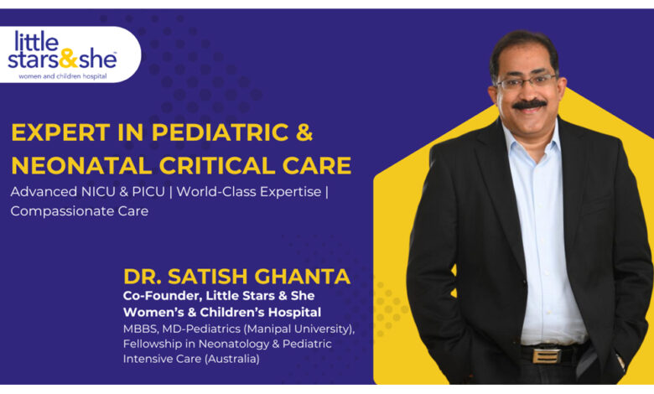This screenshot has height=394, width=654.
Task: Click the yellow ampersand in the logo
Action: coord(69,59)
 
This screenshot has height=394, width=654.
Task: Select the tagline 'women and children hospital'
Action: coord(63,77)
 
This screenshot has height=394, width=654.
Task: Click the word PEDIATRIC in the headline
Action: coord(221,132)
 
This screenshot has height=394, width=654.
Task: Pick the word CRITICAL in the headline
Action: coord(217,165)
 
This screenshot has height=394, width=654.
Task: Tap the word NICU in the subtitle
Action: coord(97,192)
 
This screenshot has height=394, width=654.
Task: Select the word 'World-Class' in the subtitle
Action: coord(217,192)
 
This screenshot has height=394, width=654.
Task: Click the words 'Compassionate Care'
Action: coord(80,211)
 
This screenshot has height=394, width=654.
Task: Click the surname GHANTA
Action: coord(303,277)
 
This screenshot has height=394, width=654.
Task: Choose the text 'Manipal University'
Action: coord(298,329)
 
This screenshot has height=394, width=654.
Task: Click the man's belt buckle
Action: coord(546,355)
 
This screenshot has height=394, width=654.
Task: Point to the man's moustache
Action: coord(529,104)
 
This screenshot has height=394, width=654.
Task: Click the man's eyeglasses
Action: coord(527,80)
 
